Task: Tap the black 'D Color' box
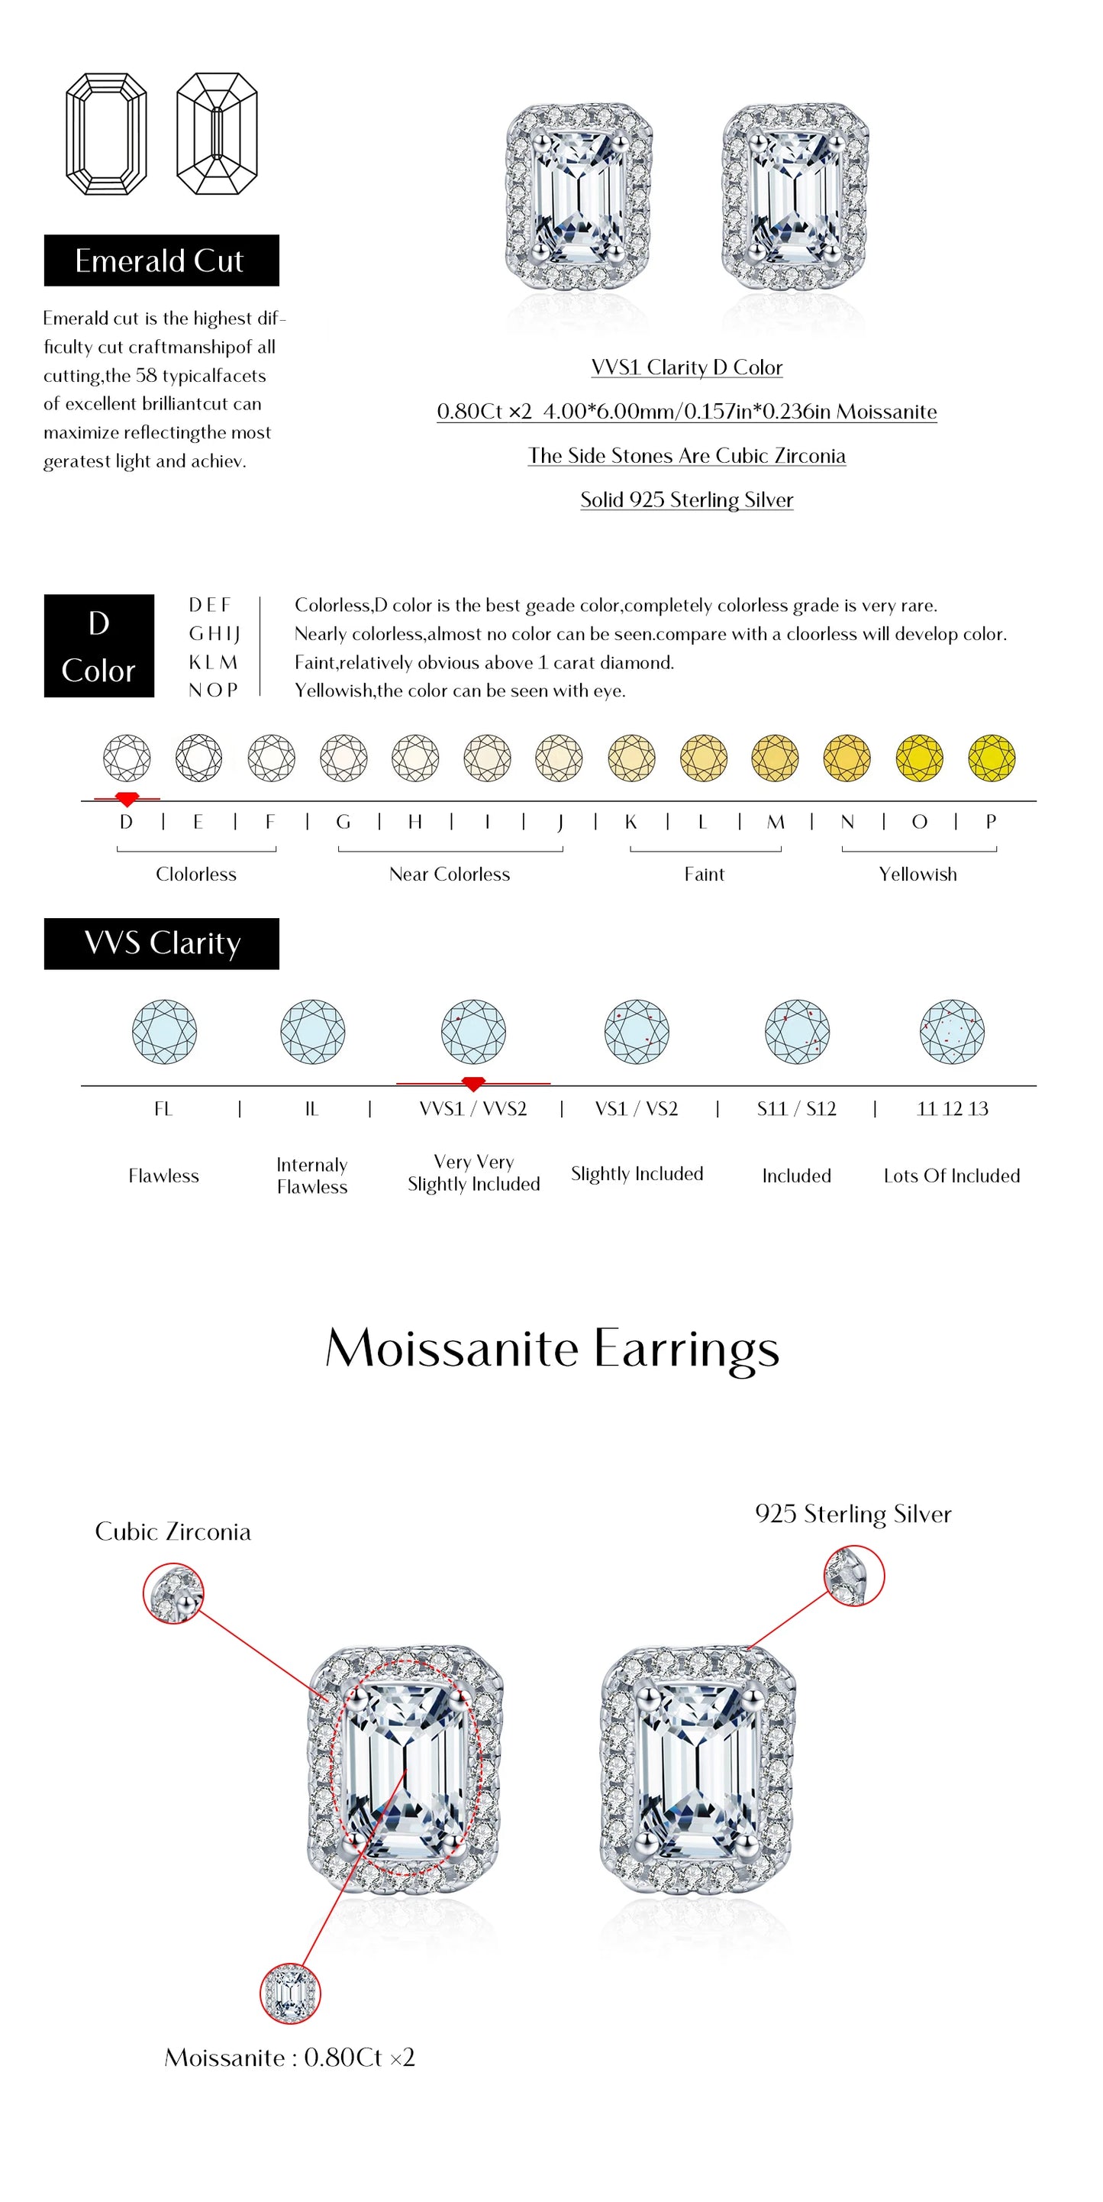[x=99, y=645]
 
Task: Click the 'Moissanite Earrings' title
[x=552, y=1349]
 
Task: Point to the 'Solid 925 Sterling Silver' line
[x=686, y=500]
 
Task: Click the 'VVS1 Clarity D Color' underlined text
[x=686, y=367]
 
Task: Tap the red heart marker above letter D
[x=127, y=799]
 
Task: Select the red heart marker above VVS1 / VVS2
[x=472, y=1084]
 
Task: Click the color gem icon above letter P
[x=991, y=758]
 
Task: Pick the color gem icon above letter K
[x=631, y=758]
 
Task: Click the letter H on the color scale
[x=414, y=822]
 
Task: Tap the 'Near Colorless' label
[x=450, y=874]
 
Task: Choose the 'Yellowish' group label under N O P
[x=918, y=874]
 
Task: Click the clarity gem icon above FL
[x=164, y=1031]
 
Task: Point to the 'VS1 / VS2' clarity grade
[x=637, y=1109]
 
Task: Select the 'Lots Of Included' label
[x=952, y=1175]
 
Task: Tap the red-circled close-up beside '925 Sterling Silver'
[x=853, y=1576]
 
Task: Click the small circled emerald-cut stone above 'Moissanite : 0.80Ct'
[x=289, y=1993]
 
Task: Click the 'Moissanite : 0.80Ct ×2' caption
[x=289, y=2058]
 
